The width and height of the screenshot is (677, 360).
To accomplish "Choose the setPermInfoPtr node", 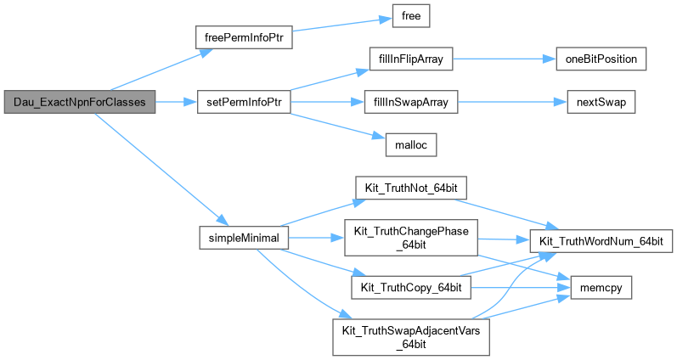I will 243,102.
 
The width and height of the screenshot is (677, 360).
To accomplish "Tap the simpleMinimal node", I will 244,237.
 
